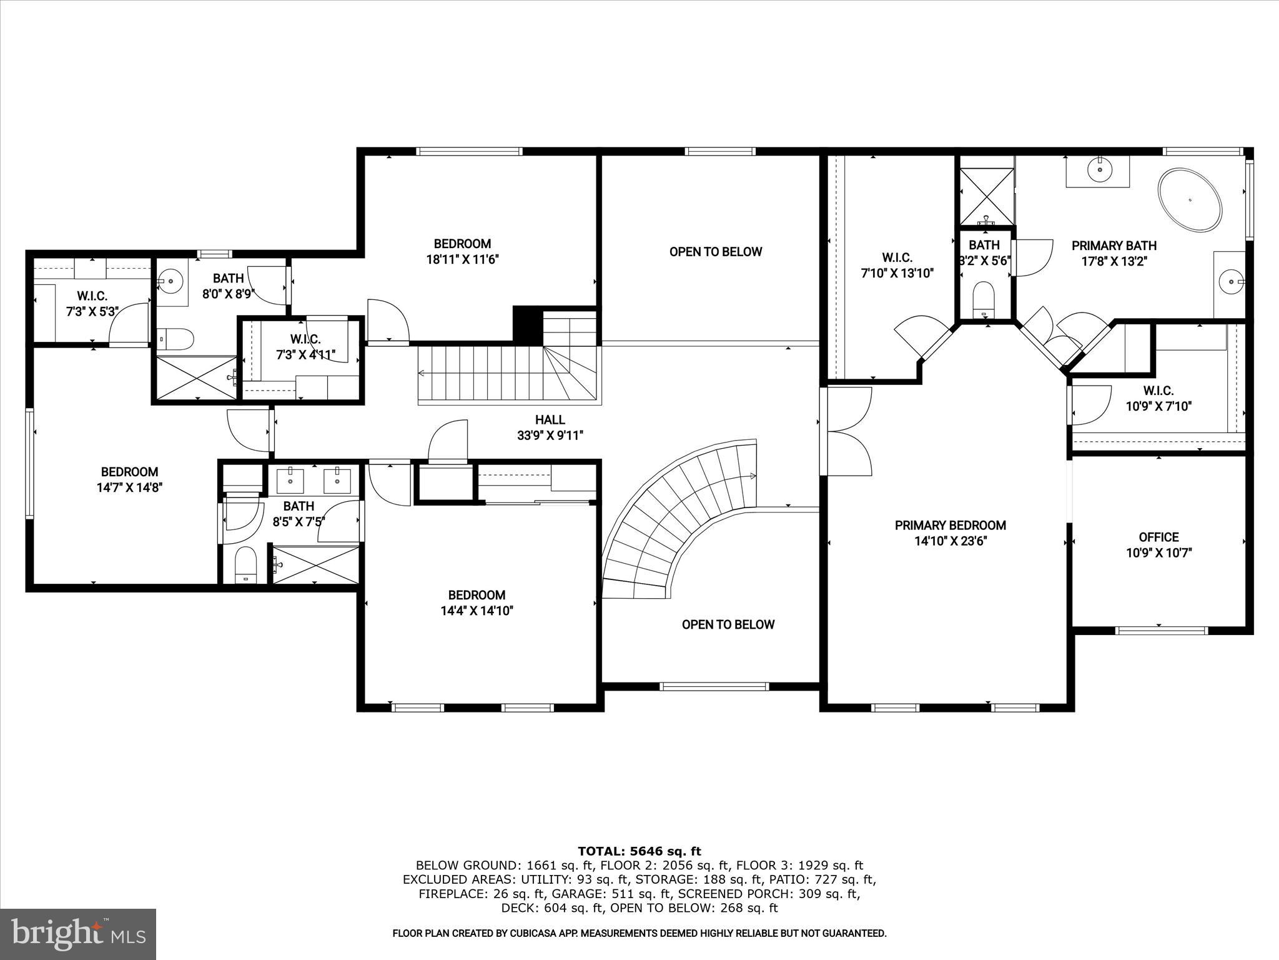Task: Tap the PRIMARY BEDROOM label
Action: (x=950, y=526)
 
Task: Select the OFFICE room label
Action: (x=1158, y=537)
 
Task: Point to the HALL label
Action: (x=550, y=420)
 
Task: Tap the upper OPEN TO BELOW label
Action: (x=716, y=252)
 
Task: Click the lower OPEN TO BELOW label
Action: (x=728, y=624)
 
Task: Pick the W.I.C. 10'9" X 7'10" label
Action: (x=1158, y=398)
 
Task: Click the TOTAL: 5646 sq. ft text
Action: (x=639, y=851)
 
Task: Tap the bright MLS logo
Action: (x=77, y=934)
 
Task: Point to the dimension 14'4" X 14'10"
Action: (x=477, y=611)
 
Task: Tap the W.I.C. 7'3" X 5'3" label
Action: (x=92, y=303)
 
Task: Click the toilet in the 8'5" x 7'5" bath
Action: (x=245, y=564)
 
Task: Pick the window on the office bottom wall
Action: (x=1162, y=631)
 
